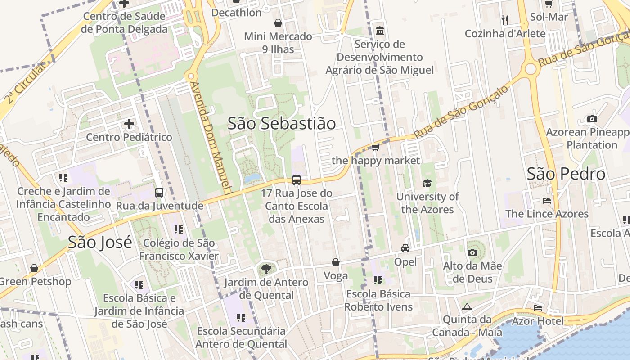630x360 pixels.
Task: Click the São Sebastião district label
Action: coord(282,123)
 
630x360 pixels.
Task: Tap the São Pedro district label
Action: coord(566,174)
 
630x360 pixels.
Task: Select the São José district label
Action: coord(100,242)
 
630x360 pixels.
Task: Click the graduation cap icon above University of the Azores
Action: coord(427,183)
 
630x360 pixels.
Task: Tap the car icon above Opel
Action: coord(405,248)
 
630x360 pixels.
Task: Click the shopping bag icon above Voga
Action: coord(336,262)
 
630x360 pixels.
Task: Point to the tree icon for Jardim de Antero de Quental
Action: coord(266,269)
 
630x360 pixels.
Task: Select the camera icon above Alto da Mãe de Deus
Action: coord(472,252)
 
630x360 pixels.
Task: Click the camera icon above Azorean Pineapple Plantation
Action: coord(592,119)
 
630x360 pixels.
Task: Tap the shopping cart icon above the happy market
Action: coord(376,147)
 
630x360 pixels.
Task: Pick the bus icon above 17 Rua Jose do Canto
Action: coord(297,180)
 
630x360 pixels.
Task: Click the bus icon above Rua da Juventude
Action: coord(159,193)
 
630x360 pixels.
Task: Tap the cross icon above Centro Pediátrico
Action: coord(129,124)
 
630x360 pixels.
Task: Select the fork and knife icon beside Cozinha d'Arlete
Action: coord(505,20)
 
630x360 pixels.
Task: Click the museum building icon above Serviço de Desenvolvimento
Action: coord(380,31)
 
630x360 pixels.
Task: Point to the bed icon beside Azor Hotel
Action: coord(538,308)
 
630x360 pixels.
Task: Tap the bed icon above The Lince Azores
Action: coord(547,200)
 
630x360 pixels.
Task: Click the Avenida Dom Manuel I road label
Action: coord(211,137)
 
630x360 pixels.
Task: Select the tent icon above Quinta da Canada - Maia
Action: coord(467,307)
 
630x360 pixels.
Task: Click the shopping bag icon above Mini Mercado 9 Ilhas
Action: coord(278,23)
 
